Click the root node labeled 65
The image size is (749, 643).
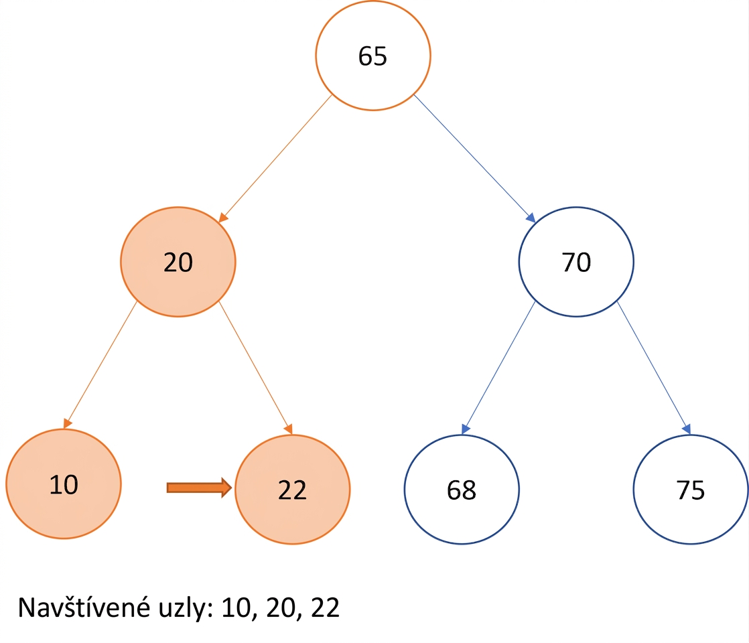point(372,56)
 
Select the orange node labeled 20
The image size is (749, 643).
point(178,262)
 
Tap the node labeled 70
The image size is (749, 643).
point(576,262)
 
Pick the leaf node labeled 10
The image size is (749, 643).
point(64,484)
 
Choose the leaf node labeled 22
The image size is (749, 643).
point(292,489)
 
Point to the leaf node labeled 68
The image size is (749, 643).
point(462,489)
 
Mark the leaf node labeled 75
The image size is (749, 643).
point(691,489)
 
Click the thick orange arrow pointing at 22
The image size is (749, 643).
point(199,487)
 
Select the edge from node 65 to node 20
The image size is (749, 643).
point(275,159)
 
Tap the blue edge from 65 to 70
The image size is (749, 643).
point(474,159)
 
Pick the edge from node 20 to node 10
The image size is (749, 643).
point(100,365)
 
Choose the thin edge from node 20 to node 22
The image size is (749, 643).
point(255,368)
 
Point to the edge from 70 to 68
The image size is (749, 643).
point(498,368)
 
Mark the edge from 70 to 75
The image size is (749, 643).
point(654,368)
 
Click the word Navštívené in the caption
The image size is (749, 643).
point(84,608)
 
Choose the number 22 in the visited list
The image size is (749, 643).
point(326,608)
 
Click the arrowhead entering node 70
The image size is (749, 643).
point(531,218)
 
